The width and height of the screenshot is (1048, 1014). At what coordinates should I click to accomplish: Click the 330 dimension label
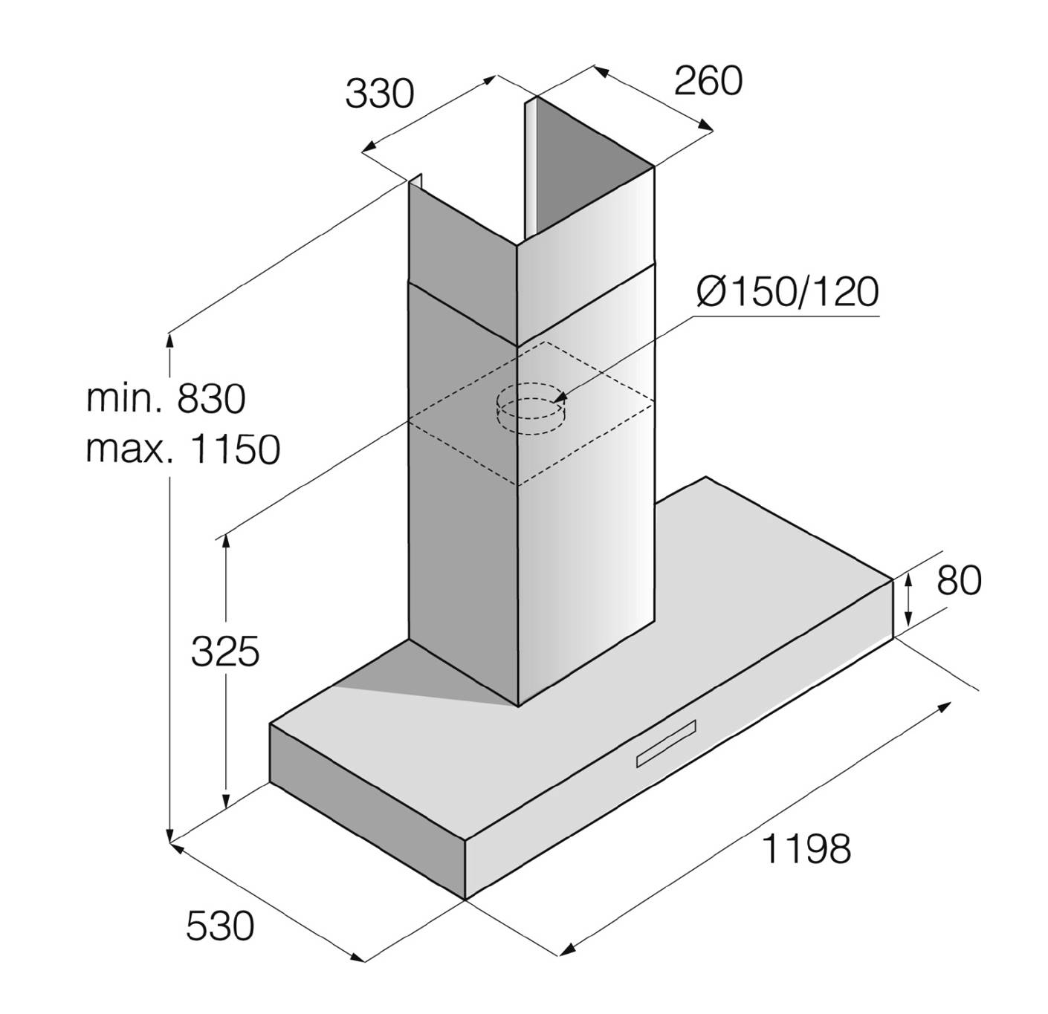pyautogui.click(x=380, y=94)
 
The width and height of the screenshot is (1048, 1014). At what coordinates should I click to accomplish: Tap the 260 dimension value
pyautogui.click(x=708, y=81)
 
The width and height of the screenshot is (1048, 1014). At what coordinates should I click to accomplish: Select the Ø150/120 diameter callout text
pyautogui.click(x=787, y=292)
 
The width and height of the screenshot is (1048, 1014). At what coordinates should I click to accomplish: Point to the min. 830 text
pyautogui.click(x=166, y=399)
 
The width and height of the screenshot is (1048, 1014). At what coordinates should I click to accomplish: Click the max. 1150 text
pyautogui.click(x=183, y=449)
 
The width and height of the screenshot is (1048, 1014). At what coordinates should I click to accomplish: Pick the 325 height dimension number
pyautogui.click(x=225, y=651)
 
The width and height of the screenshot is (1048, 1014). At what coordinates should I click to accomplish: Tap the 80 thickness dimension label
pyautogui.click(x=959, y=581)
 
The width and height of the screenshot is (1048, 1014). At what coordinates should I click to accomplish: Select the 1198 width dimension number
pyautogui.click(x=806, y=849)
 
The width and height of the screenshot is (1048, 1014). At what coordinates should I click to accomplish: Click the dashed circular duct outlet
pyautogui.click(x=530, y=409)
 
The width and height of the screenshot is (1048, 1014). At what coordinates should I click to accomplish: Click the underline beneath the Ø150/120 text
pyautogui.click(x=785, y=316)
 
